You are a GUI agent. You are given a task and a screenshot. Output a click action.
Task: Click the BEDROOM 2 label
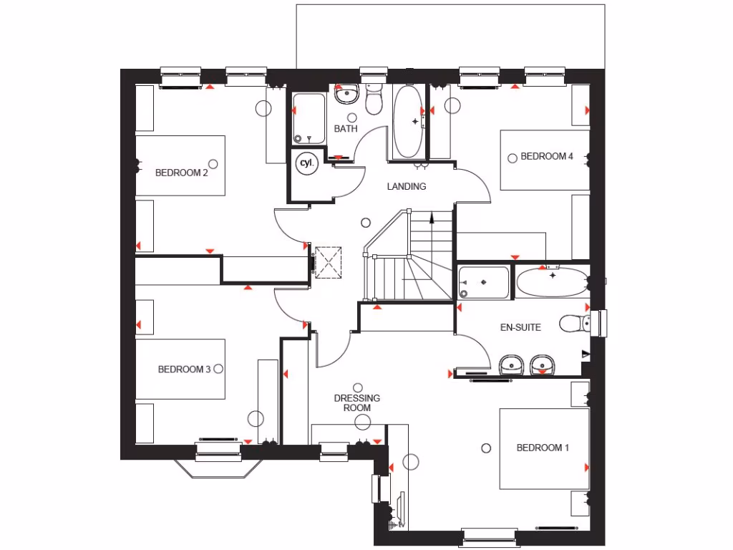point(182,172)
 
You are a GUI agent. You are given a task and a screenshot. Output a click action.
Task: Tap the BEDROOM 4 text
point(547,156)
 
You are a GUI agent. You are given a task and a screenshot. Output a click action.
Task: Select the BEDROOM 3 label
point(184,370)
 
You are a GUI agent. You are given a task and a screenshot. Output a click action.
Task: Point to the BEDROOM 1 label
point(543,448)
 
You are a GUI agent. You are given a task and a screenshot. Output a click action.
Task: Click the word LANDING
point(407,186)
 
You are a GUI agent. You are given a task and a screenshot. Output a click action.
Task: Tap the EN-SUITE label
point(520,327)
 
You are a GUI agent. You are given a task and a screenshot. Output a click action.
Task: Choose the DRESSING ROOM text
point(357,402)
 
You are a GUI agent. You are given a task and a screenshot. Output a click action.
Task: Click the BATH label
point(346,129)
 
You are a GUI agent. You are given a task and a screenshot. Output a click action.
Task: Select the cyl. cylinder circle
point(306,163)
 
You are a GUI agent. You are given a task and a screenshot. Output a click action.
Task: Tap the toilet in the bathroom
point(374,101)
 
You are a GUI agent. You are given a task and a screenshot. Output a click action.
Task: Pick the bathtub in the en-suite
point(551,283)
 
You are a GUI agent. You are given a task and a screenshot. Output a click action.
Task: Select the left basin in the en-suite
point(511,364)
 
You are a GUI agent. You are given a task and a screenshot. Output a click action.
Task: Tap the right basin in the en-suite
point(542,365)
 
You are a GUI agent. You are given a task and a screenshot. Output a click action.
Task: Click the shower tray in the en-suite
point(484,282)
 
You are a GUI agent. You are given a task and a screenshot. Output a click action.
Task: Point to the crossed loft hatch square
point(329,261)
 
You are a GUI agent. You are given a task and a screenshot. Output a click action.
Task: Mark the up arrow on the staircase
point(432,216)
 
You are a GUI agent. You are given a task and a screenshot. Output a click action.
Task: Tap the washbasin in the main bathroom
point(347,93)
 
